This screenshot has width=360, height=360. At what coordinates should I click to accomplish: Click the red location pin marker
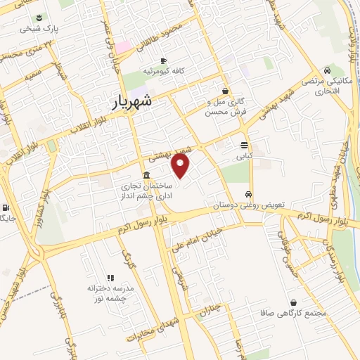181,166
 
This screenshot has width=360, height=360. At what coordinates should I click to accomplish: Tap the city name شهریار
141,103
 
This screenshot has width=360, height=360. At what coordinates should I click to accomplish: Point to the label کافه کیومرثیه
163,72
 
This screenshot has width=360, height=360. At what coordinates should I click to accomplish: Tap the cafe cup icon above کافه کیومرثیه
164,61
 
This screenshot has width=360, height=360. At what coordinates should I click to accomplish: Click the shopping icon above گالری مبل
225,90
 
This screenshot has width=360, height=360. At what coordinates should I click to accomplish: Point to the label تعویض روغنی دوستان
253,205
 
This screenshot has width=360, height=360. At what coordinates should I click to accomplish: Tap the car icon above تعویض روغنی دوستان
248,194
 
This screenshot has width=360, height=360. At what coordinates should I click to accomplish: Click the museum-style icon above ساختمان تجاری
146,175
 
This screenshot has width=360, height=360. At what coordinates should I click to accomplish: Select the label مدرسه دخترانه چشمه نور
110,293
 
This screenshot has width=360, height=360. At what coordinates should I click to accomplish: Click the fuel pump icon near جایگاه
6,207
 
